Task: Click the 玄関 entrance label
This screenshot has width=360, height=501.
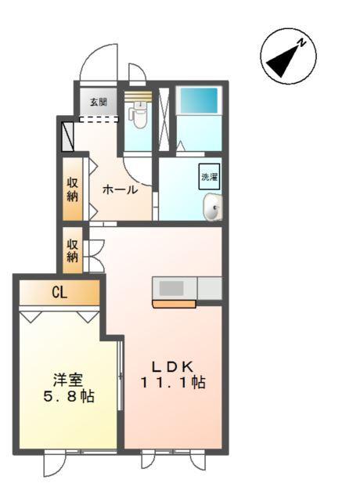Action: click(x=98, y=102)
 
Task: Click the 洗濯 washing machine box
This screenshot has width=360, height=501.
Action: click(x=209, y=177)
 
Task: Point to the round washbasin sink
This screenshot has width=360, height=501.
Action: click(x=212, y=207)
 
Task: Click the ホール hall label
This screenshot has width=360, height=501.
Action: click(x=120, y=189)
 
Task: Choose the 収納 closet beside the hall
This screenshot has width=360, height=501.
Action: click(x=72, y=190)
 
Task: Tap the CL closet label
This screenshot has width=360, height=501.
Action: click(x=59, y=294)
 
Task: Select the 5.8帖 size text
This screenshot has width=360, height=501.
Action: click(x=67, y=397)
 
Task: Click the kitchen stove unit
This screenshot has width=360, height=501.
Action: click(x=175, y=288)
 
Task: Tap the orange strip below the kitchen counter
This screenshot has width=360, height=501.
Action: click(x=174, y=304)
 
